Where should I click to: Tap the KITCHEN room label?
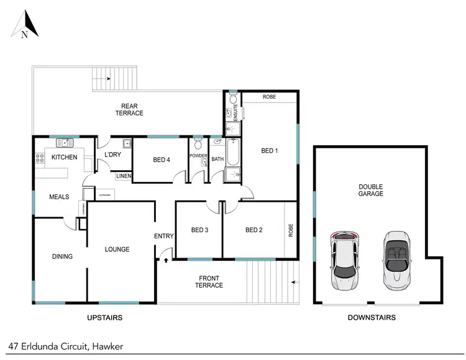64,157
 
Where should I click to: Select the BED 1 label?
269,151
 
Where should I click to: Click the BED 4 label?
161,160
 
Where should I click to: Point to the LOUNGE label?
117,250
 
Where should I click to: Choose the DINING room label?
62,256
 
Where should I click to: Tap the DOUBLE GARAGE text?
370,190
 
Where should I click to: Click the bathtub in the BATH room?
232,153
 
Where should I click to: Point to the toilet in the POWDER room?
198,145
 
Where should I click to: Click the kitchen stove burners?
39,158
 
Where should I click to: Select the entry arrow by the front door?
167,261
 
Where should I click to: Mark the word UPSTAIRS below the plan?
103,317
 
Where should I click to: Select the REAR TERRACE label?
129,109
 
